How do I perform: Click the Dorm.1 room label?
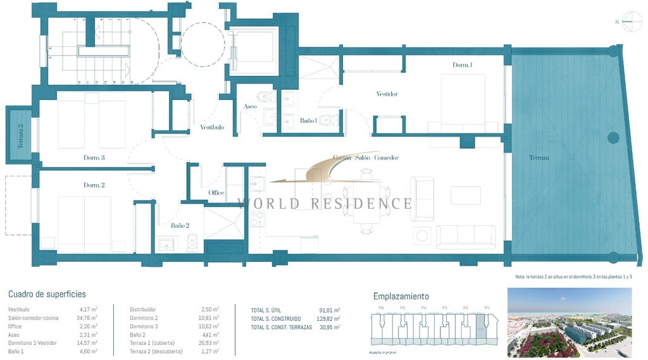[x=463, y=65]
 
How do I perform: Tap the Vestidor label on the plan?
[x=387, y=94]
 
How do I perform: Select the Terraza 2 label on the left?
[x=20, y=135]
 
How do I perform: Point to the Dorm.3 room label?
[x=94, y=158]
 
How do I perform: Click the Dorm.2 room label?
[x=94, y=185]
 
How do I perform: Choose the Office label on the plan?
[x=216, y=193]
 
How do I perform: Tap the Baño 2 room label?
[x=180, y=225]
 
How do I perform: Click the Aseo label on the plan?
[x=250, y=106]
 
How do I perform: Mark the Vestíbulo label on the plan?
[x=212, y=127]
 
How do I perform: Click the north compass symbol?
[x=632, y=22]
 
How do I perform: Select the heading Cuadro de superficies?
[x=47, y=294]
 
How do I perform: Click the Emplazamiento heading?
[x=401, y=296]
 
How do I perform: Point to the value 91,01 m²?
[x=330, y=311]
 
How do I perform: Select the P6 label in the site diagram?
[x=380, y=308]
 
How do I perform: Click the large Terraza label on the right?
[x=539, y=158]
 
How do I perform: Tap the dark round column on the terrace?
[x=613, y=137]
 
